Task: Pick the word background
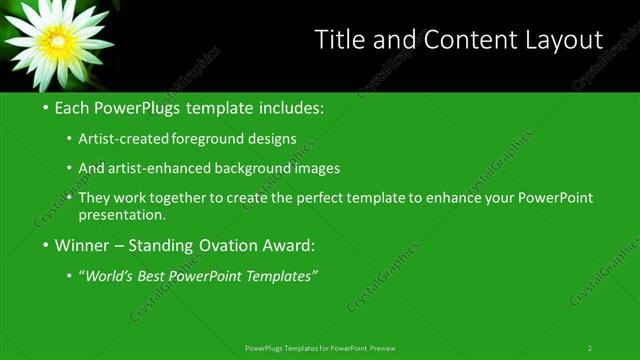tap(254, 168)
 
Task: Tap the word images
tap(317, 168)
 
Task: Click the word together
tap(187, 197)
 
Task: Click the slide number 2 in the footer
tap(589, 348)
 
